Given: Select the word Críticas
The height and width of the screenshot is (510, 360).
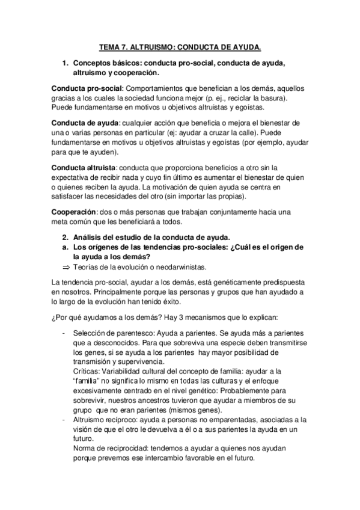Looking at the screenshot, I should coord(87,372).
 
